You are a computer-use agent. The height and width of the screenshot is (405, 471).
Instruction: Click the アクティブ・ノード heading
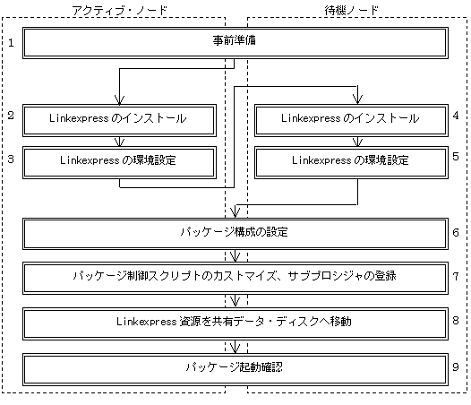[120, 11]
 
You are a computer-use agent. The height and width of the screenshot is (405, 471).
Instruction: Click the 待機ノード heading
[351, 11]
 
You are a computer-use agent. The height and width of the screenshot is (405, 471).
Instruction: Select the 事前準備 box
[235, 43]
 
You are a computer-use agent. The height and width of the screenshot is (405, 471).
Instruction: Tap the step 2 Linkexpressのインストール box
[119, 120]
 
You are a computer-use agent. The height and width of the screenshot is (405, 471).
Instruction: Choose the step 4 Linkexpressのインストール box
[351, 120]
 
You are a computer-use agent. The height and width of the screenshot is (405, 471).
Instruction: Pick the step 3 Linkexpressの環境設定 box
[119, 162]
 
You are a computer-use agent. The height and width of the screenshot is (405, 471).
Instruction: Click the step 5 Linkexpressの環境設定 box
[351, 162]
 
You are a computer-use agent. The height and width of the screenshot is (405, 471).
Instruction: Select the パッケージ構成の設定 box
[235, 234]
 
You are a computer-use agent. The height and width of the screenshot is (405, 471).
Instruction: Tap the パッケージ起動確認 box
[235, 369]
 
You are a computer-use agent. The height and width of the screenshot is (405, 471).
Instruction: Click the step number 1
[11, 43]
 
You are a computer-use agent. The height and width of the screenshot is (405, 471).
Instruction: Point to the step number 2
[11, 116]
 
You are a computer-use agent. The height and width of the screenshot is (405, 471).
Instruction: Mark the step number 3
[11, 159]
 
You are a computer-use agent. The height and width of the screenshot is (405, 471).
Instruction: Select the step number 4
[456, 116]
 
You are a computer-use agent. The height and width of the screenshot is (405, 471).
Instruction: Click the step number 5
[456, 157]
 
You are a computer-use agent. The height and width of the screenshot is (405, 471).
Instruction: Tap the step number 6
[456, 233]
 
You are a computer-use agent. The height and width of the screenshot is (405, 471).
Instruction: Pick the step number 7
[456, 276]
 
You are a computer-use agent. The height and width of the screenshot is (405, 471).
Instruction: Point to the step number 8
[456, 321]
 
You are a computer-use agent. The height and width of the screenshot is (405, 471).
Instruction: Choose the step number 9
[456, 366]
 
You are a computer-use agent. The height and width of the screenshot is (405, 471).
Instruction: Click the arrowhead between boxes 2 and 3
[120, 142]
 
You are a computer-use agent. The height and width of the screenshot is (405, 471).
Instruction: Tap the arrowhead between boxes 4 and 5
[357, 142]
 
